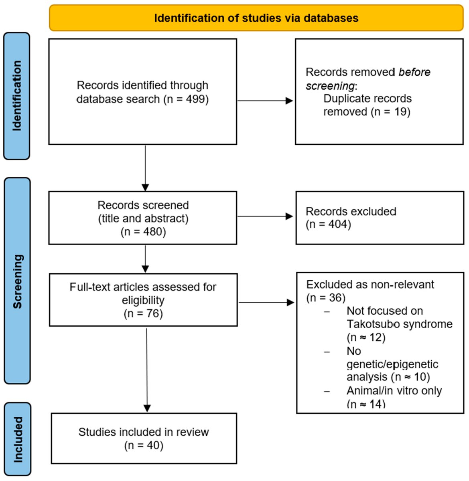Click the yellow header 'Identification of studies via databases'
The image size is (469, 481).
click(256, 18)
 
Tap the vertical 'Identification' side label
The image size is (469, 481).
click(16, 96)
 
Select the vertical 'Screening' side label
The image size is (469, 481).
click(17, 281)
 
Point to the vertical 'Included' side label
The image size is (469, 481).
click(18, 439)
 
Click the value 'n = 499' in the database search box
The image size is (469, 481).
click(186, 99)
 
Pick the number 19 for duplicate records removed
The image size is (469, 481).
click(401, 111)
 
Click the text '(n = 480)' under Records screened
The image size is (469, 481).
click(143, 232)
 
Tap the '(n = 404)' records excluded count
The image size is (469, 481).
click(328, 224)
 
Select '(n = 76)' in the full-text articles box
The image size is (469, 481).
click(143, 313)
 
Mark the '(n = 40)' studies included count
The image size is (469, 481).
click(144, 445)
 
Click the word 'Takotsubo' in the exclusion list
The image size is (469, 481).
click(372, 324)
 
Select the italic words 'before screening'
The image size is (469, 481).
click(368, 79)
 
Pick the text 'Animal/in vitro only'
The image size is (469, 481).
click(394, 390)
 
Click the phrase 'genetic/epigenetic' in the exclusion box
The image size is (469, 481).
click(392, 364)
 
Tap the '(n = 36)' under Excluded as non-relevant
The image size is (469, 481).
click(326, 297)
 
